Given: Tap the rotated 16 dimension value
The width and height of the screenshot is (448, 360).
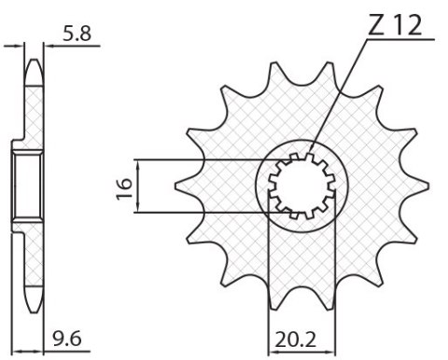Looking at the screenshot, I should [x=122, y=186].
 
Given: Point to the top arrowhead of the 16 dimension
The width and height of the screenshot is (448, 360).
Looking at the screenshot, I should [x=139, y=162].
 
